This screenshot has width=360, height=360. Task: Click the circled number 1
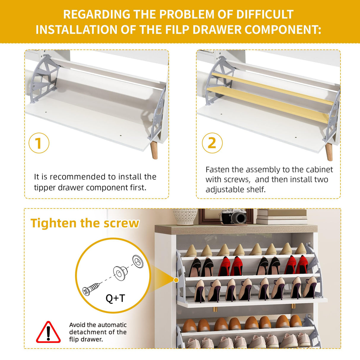[39, 143]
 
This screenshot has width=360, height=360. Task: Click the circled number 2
[212, 143]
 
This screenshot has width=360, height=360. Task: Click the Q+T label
[115, 299]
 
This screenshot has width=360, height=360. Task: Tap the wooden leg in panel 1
[154, 150]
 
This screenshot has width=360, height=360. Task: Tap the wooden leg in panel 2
[329, 152]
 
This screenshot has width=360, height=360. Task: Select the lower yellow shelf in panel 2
[268, 104]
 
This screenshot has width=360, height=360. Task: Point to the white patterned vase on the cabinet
[185, 216]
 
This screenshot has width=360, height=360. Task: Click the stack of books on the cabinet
[282, 217]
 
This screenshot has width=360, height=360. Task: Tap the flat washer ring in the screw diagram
[138, 261]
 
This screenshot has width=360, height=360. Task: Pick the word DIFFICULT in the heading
[265, 14]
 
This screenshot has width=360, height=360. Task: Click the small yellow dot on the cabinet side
[176, 280]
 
